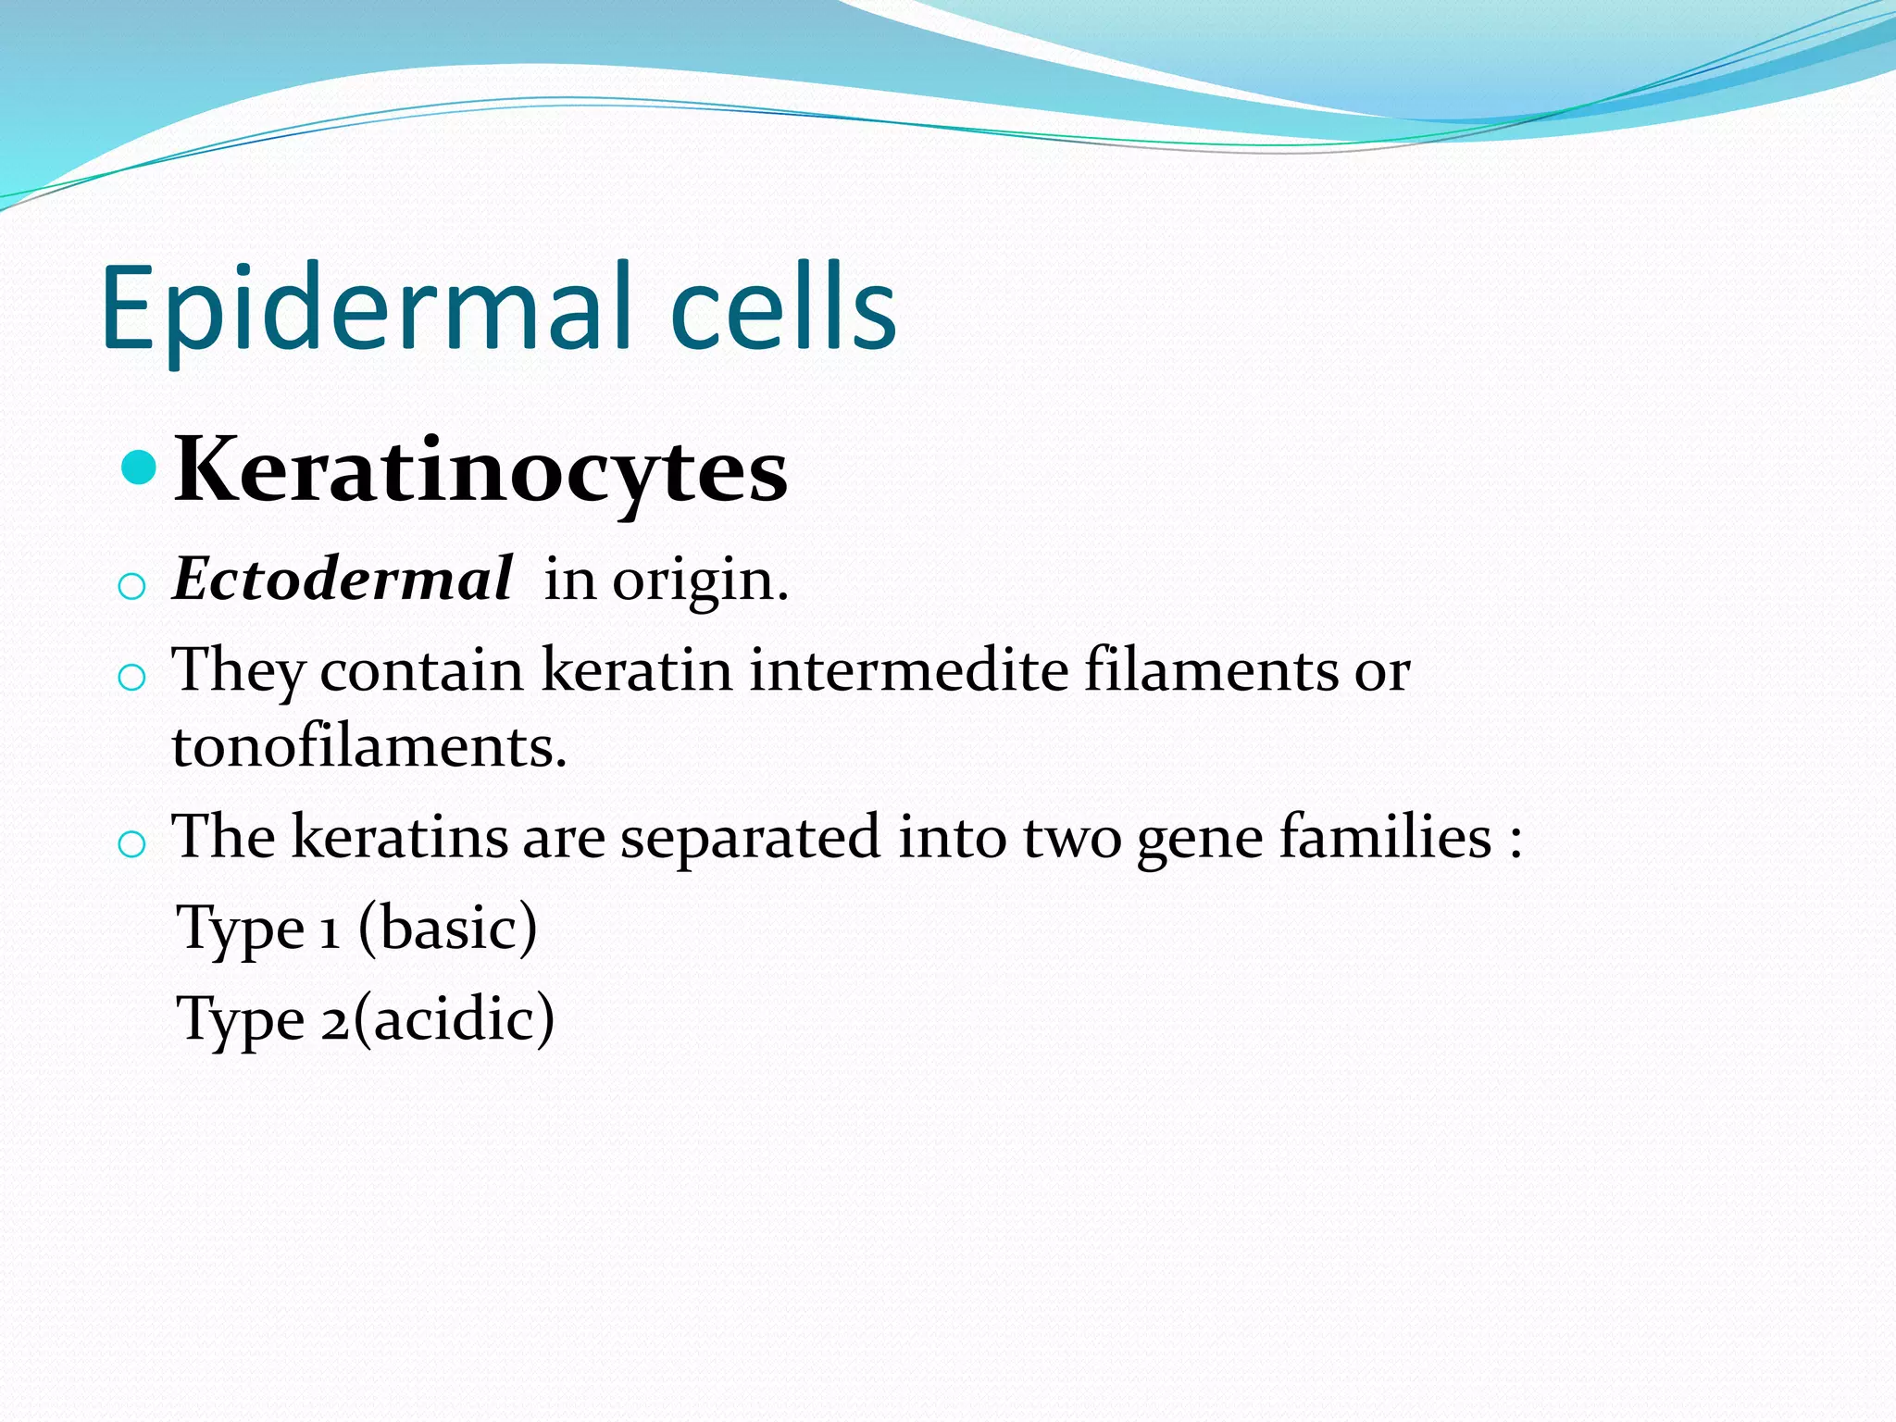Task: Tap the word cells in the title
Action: (x=782, y=308)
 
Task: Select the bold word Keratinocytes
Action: (x=480, y=472)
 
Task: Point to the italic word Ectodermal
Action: (x=342, y=580)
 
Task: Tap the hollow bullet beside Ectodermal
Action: (x=132, y=587)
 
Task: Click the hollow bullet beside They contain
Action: (x=132, y=678)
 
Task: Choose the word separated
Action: (x=750, y=839)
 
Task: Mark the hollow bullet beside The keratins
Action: (x=132, y=844)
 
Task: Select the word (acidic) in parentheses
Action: (x=454, y=1018)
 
